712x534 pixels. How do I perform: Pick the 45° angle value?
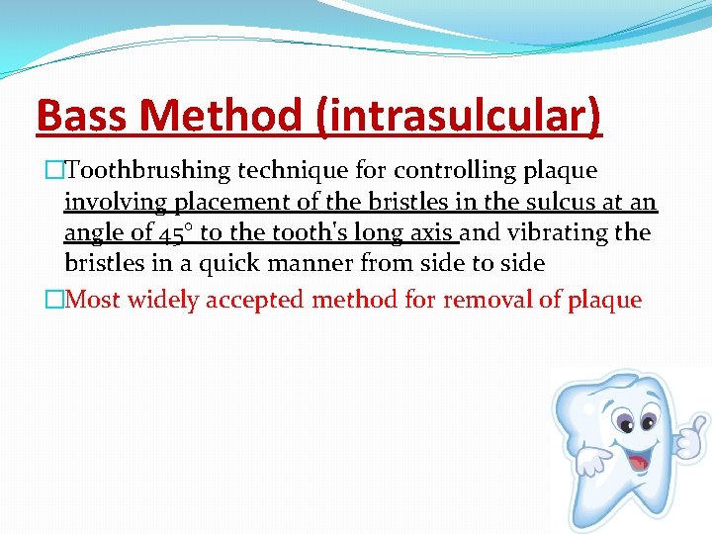tap(169, 234)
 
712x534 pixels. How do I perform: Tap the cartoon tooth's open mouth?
tap(638, 459)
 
